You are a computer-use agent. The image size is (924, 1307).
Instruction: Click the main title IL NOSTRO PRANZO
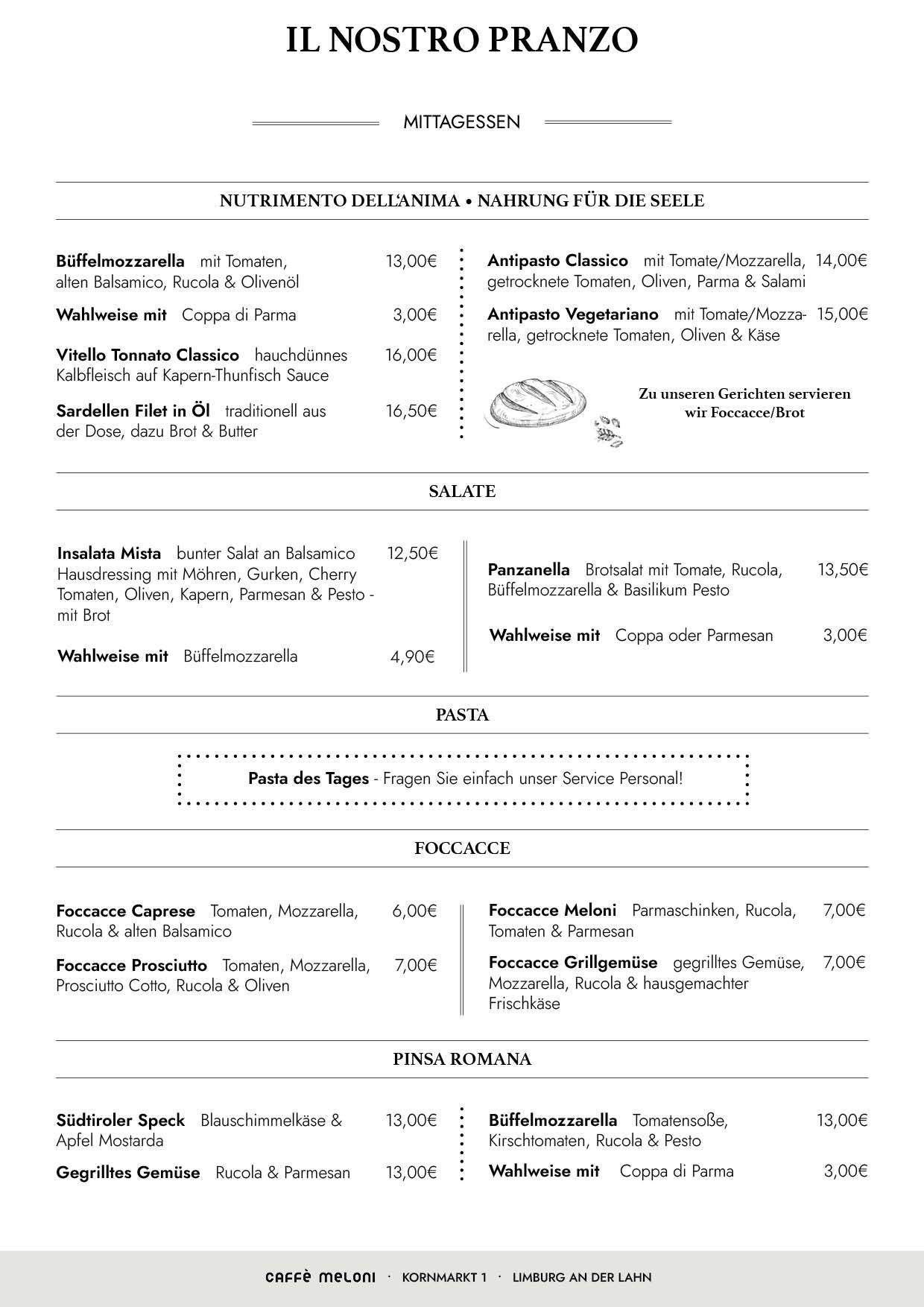click(x=462, y=40)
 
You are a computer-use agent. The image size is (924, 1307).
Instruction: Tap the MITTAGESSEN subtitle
click(x=462, y=122)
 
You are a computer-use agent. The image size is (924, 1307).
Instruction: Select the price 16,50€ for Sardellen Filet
click(x=411, y=411)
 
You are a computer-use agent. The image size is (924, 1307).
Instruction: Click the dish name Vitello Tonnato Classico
click(x=148, y=355)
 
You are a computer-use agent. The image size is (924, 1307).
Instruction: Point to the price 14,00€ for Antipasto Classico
click(x=841, y=261)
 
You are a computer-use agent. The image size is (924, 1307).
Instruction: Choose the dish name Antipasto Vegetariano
click(x=573, y=314)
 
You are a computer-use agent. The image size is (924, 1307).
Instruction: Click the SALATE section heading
click(x=462, y=492)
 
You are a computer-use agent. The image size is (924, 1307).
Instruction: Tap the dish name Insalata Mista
click(x=110, y=554)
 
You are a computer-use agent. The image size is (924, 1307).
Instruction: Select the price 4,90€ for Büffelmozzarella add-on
click(x=413, y=656)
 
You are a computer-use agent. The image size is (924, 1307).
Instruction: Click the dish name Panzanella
click(x=529, y=570)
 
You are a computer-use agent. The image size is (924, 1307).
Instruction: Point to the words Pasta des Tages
click(x=308, y=779)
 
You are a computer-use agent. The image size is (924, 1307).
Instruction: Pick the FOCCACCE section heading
click(x=462, y=849)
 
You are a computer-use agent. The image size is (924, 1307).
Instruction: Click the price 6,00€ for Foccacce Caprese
click(x=414, y=911)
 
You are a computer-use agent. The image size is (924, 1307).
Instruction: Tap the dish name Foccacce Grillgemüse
click(x=573, y=963)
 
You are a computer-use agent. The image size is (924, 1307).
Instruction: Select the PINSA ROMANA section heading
click(x=462, y=1060)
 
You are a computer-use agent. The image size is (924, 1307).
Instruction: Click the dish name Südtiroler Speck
click(x=121, y=1121)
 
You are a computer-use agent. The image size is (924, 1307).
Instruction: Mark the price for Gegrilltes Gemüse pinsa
click(x=411, y=1173)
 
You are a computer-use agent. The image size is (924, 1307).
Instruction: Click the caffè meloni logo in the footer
click(x=320, y=1277)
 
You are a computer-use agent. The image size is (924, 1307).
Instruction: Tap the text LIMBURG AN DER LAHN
click(x=582, y=1277)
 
